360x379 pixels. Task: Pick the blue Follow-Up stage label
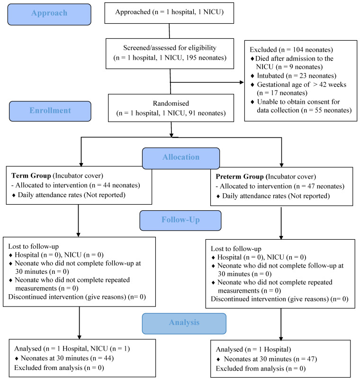180,220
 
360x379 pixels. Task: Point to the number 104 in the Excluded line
298,50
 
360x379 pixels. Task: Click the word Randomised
171,103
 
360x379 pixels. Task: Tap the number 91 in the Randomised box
192,113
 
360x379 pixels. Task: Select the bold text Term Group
31,176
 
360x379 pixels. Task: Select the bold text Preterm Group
240,177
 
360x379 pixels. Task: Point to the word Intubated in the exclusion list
270,76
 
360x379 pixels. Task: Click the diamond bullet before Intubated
252,76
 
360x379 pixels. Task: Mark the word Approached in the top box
133,12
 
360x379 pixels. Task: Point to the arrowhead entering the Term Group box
81,164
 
